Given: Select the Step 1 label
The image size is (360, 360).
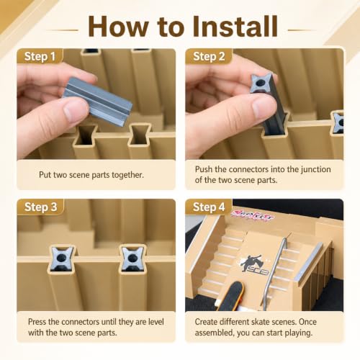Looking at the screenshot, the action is [x=40, y=57].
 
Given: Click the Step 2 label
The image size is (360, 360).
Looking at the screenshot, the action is [x=209, y=57].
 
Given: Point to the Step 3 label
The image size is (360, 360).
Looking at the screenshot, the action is [x=40, y=207].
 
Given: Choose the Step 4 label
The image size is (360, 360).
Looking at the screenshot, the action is [x=209, y=207].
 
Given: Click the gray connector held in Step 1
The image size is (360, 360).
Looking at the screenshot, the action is [x=97, y=101].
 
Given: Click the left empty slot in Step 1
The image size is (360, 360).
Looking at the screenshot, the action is [x=86, y=135].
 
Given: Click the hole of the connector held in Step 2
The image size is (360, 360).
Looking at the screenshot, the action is [x=260, y=84].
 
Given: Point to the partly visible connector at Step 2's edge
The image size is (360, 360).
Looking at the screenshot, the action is [x=338, y=122].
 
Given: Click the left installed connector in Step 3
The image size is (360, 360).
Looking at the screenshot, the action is [x=62, y=258].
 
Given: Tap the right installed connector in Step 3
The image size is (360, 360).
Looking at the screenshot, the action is [x=132, y=258].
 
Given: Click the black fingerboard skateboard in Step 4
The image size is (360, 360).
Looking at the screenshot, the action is [x=231, y=297].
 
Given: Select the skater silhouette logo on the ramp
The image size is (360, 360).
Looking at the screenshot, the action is [x=254, y=265].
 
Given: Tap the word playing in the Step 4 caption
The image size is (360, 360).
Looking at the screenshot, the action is [x=299, y=333].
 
